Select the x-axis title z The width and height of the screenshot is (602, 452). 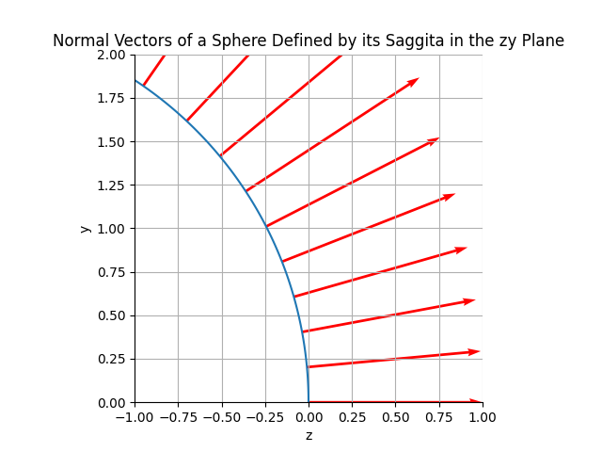coord(309,435)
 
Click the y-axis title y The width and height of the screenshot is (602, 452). coord(86,229)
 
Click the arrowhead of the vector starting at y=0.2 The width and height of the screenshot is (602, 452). coord(475,351)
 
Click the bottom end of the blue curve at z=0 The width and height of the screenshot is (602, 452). coord(309,401)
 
